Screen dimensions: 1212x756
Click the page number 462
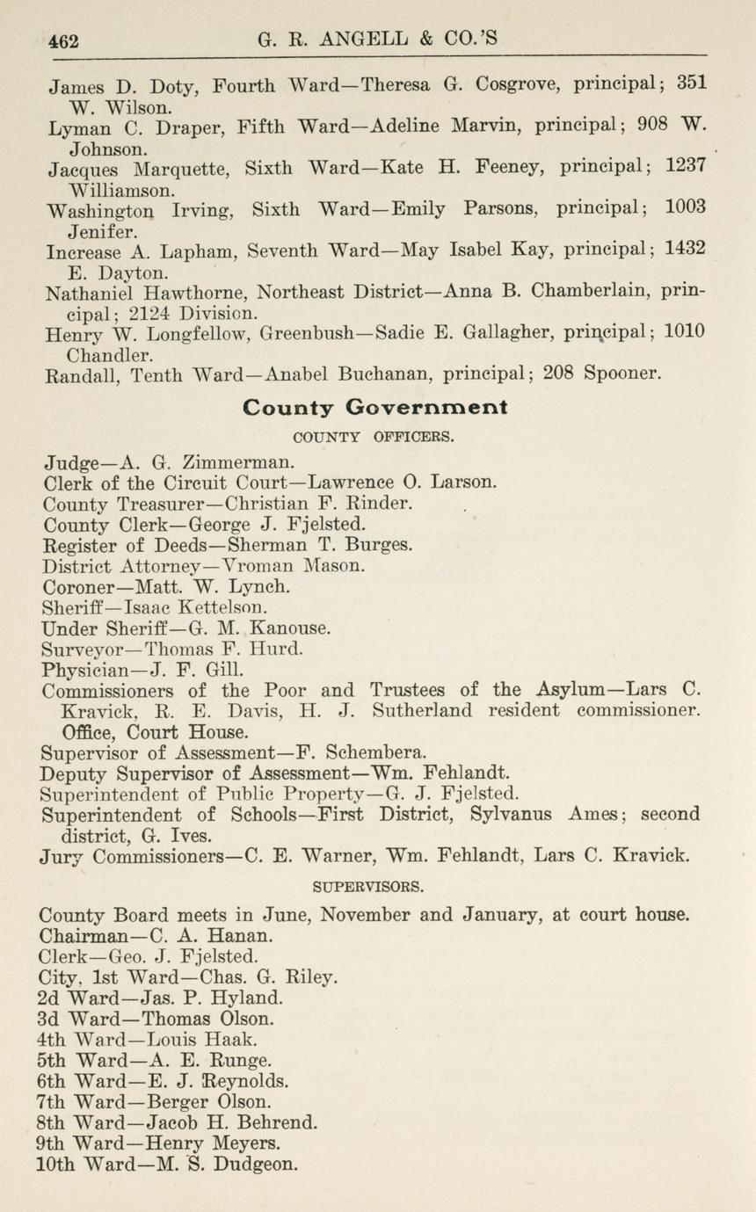64,41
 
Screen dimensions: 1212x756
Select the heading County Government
374,408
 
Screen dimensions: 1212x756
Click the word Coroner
79,586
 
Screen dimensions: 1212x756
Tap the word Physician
84,670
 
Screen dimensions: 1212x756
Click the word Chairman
84,935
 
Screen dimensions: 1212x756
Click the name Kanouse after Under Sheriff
290,628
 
